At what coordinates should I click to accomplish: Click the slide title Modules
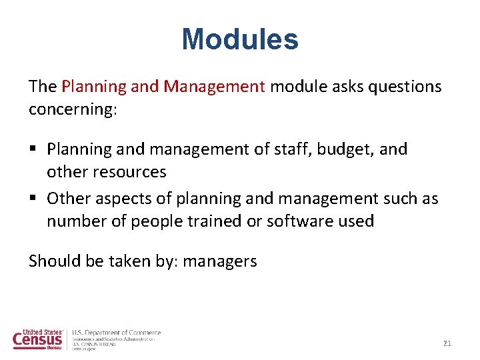[x=240, y=39]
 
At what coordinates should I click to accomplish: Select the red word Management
[x=215, y=87]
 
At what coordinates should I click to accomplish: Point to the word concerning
[x=72, y=109]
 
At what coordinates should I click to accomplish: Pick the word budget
[x=341, y=149]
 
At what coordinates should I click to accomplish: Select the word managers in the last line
[x=219, y=261]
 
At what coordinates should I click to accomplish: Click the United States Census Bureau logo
[x=39, y=339]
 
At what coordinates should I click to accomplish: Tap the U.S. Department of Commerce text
[x=117, y=333]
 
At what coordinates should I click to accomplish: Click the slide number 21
[x=447, y=343]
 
